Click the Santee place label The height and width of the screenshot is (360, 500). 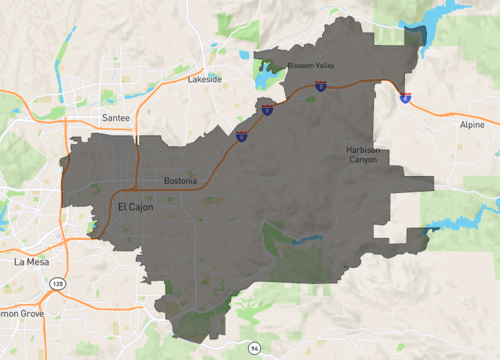coord(116,117)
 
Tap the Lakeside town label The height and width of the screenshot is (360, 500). coord(205,78)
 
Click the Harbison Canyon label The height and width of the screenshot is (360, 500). coord(362,155)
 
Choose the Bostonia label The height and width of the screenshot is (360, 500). coord(180,181)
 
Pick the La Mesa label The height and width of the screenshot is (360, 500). coord(32,261)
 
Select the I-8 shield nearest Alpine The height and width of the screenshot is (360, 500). coord(404,98)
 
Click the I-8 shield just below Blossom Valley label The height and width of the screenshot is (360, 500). coord(320,87)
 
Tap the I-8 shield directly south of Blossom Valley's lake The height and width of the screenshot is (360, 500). coord(268,109)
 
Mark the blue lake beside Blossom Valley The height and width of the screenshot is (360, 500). coord(265,74)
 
